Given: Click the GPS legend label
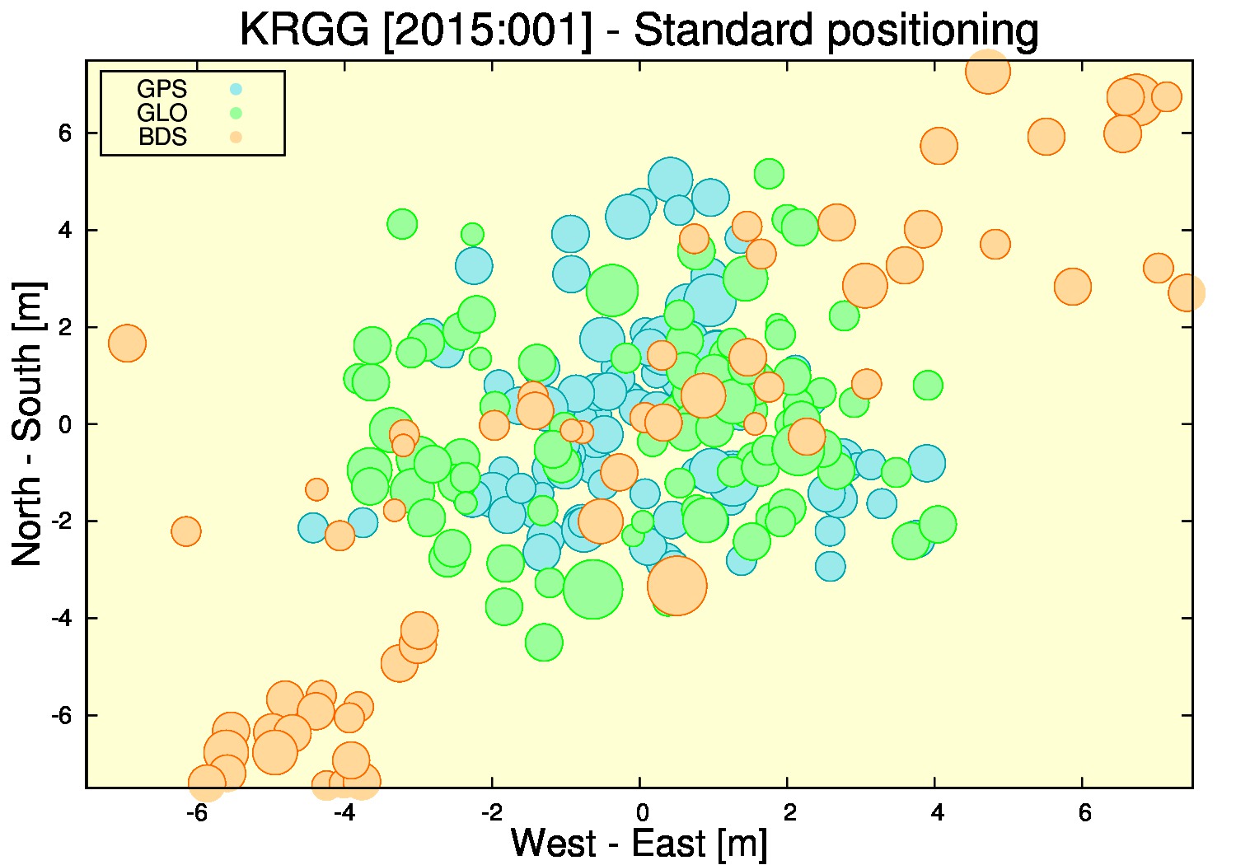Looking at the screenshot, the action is click(x=162, y=89).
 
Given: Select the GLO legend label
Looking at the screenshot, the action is click(x=162, y=113).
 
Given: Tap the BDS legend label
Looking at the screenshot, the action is click(x=162, y=137).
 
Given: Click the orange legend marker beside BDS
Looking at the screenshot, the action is click(x=236, y=137).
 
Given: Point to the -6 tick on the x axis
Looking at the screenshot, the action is click(x=196, y=812).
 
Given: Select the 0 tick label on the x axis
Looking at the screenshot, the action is click(x=642, y=812).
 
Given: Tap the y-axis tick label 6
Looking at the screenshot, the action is click(x=64, y=133).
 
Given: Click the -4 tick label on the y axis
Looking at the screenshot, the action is click(x=61, y=618).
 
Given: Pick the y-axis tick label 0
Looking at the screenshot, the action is click(x=64, y=424).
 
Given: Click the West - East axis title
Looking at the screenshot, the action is click(x=639, y=843).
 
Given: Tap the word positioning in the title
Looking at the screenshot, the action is click(x=933, y=31).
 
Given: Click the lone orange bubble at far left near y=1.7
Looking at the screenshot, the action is click(x=128, y=344).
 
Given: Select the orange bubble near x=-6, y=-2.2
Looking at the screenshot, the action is click(x=186, y=531).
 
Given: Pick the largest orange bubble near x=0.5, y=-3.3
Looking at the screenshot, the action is click(x=677, y=585).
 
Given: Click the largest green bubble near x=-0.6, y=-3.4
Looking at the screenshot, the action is click(x=593, y=589).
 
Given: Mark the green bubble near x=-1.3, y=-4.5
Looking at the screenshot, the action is click(x=544, y=642).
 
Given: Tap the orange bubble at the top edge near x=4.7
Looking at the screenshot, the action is click(x=988, y=71).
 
